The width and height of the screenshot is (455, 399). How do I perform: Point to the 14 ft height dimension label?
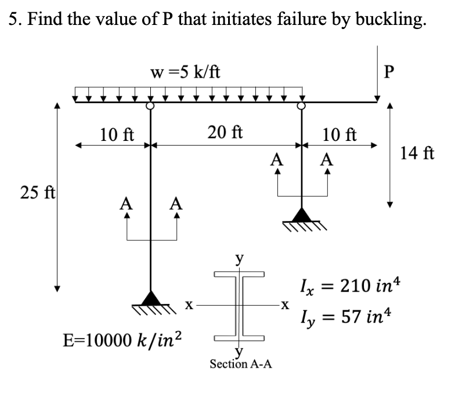coord(417,153)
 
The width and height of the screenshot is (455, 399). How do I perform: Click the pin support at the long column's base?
coord(151,298)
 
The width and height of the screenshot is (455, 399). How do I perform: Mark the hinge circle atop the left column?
coord(150,106)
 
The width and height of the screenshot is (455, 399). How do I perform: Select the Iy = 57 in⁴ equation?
coord(344,317)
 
